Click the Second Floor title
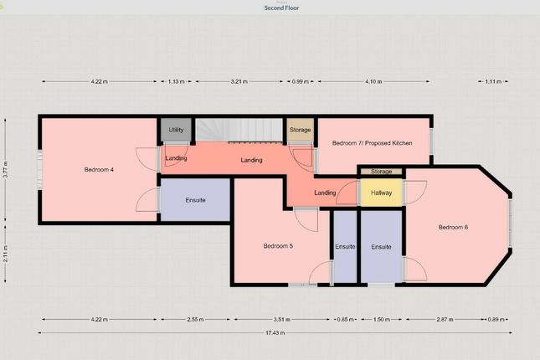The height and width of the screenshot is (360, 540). point(281,8)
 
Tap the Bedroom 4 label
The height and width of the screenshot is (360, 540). point(99,169)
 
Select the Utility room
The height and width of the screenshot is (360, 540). point(176,130)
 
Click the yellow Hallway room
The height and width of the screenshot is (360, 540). point(381,193)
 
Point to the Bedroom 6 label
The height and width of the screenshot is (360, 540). point(453,227)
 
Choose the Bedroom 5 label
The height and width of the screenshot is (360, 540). point(278,246)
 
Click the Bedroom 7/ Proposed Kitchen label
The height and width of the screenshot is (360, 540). point(372,143)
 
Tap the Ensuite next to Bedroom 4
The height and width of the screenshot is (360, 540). point(195,200)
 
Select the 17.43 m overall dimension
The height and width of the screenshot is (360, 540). point(275,332)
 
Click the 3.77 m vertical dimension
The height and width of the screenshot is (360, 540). point(5,169)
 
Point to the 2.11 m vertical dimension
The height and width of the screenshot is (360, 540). point(5,254)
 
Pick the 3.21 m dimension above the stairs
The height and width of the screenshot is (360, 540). point(239,82)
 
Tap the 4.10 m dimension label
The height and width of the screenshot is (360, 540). point(373,82)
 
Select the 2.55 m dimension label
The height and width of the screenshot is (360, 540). point(195,319)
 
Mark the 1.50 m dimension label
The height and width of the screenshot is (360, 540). point(382,319)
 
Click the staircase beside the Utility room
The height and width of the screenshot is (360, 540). point(239,130)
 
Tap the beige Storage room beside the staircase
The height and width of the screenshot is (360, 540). point(300,130)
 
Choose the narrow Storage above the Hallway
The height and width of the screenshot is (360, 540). point(381,172)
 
